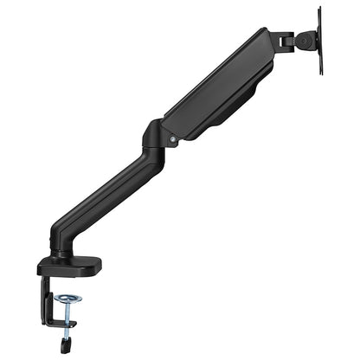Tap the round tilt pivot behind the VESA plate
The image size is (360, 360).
tap(305, 39)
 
